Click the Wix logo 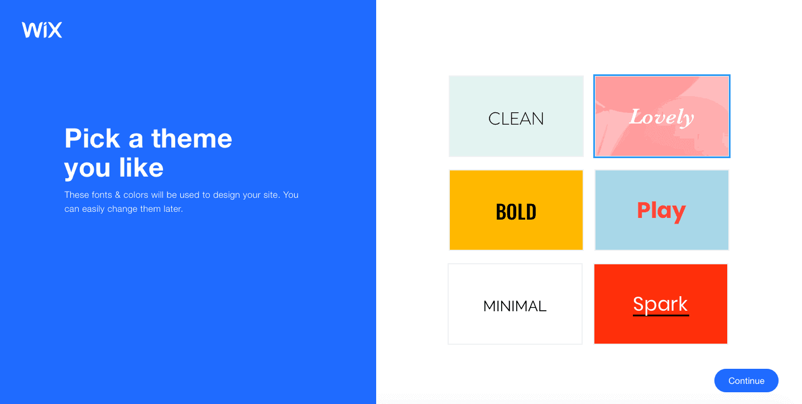(41, 30)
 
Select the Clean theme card (516, 116)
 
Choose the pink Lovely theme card (662, 116)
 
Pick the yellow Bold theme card (516, 210)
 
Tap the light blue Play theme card (662, 210)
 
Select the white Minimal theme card (515, 304)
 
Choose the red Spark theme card (661, 304)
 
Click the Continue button (746, 381)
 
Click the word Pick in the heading (92, 139)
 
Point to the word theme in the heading (191, 139)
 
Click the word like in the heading (141, 168)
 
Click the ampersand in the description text (117, 195)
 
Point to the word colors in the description (136, 195)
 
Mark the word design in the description (226, 196)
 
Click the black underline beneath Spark (661, 316)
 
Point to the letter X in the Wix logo (54, 30)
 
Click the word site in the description (271, 195)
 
